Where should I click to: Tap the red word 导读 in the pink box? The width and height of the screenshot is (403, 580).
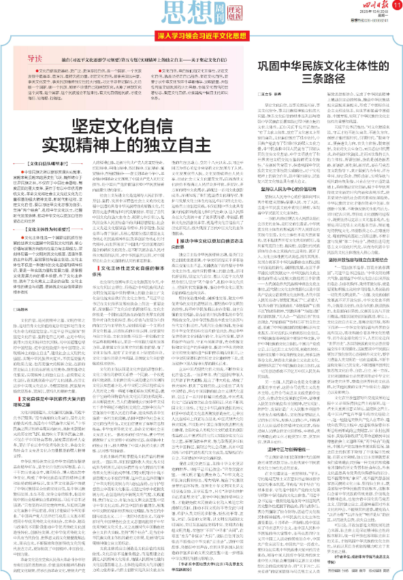[x=44, y=58]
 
